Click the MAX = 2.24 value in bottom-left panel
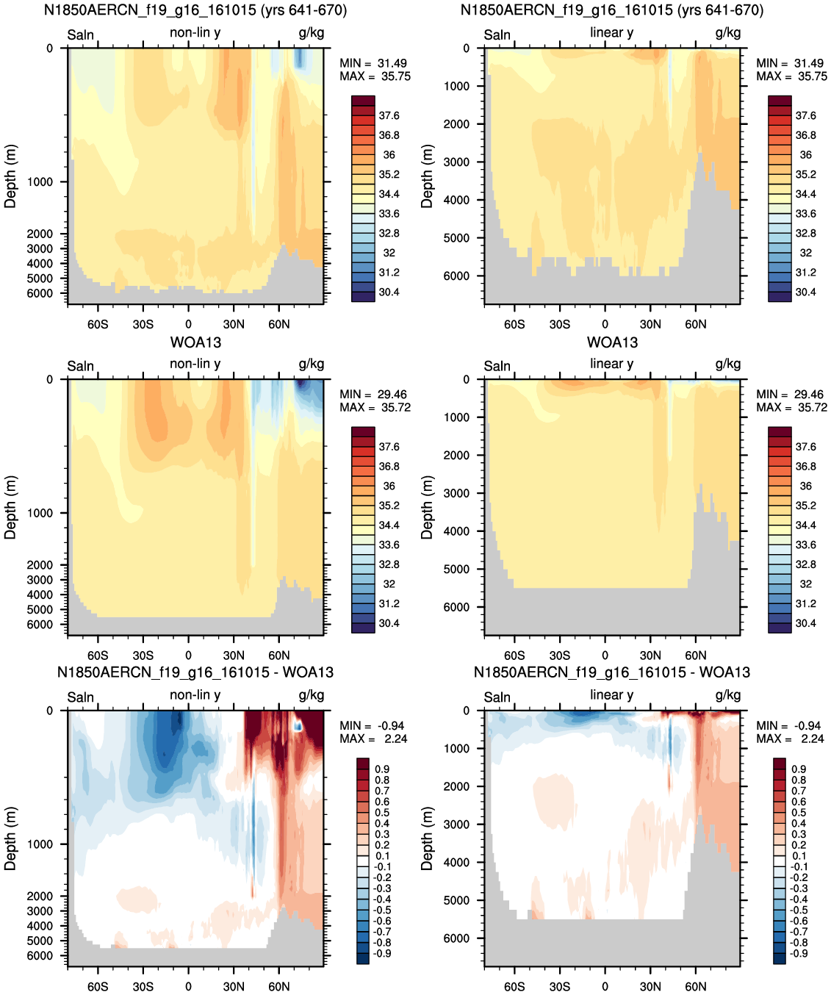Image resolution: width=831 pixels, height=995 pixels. coord(373,739)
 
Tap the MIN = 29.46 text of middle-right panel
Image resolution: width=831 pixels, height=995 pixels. coord(791,395)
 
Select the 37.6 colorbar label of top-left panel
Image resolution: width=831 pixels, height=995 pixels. coord(389,116)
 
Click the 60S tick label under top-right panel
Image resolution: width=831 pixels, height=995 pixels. coord(514,325)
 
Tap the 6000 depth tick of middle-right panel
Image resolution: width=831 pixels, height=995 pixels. coord(456,607)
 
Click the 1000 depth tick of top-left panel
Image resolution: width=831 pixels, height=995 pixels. coord(40,182)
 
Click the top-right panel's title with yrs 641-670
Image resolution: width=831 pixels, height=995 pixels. coord(612,10)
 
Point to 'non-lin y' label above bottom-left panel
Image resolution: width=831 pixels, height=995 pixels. coord(195,695)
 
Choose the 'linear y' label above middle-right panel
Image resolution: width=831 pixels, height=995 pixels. coord(612,364)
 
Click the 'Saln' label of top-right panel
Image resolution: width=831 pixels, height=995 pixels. coord(497,35)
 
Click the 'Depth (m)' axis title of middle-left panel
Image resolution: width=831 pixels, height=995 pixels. coord(10,508)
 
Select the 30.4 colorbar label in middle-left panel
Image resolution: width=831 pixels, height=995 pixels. coord(389,623)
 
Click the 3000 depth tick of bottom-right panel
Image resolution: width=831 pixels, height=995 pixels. coord(456,825)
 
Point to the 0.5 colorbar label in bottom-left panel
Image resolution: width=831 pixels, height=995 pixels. coord(382,813)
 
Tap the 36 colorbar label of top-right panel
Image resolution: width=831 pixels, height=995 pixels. coord(806,155)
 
